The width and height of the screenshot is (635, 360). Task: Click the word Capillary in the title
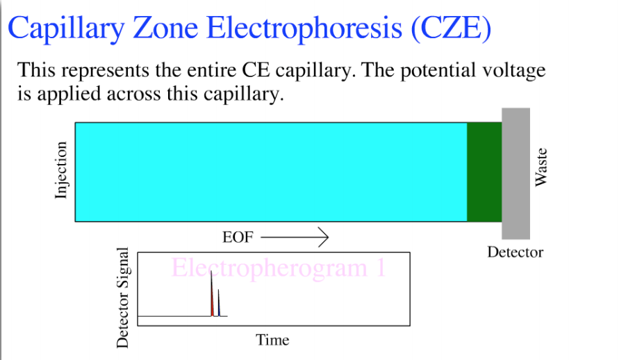pyautogui.click(x=66, y=28)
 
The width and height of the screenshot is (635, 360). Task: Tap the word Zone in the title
pyautogui.click(x=165, y=28)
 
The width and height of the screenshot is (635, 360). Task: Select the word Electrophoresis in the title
pyautogui.click(x=304, y=28)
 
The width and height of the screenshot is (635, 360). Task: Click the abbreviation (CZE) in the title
pyautogui.click(x=451, y=28)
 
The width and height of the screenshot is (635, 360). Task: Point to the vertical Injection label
pyautogui.click(x=60, y=170)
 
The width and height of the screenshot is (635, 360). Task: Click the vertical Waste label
pyautogui.click(x=541, y=167)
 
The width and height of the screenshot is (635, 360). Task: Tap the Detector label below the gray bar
pyautogui.click(x=515, y=252)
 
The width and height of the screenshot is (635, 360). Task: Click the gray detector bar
pyautogui.click(x=516, y=173)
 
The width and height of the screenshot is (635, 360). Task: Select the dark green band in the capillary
pyautogui.click(x=484, y=172)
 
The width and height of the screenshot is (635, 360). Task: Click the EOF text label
pyautogui.click(x=238, y=237)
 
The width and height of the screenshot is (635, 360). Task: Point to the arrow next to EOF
pyautogui.click(x=295, y=237)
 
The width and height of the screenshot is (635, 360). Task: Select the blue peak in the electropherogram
pyautogui.click(x=219, y=303)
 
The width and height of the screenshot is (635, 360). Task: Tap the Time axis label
pyautogui.click(x=272, y=340)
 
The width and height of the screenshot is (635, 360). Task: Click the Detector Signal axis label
pyautogui.click(x=122, y=297)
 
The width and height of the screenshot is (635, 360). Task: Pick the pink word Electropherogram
pyautogui.click(x=270, y=268)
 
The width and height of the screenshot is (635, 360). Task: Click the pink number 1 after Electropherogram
pyautogui.click(x=381, y=268)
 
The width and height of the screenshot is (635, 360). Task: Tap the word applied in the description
pyautogui.click(x=69, y=95)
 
